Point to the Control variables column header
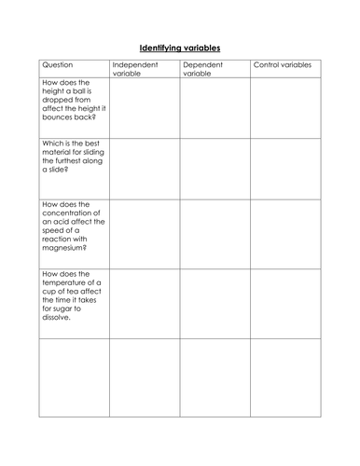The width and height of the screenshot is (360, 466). point(283,66)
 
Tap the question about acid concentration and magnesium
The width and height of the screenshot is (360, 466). point(73,225)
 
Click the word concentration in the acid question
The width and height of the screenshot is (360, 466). point(73,214)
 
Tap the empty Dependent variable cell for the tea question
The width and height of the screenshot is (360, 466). point(215,302)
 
